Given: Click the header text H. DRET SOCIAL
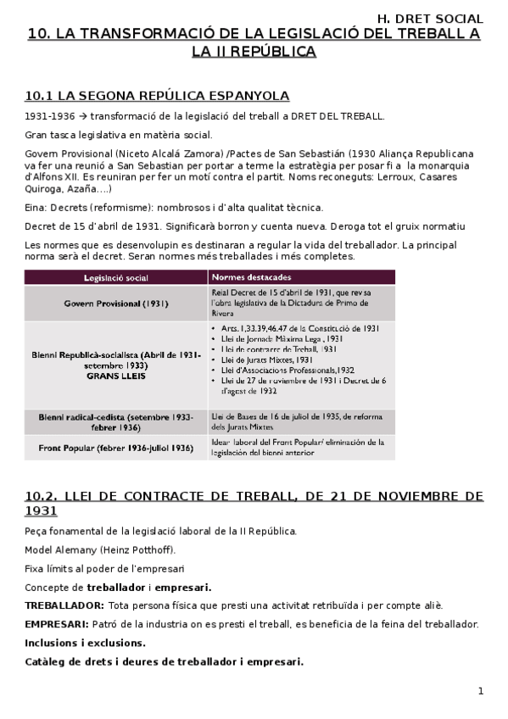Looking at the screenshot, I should [x=429, y=18].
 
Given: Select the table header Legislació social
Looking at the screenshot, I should [x=115, y=277].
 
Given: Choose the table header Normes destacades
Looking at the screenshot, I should [x=252, y=277].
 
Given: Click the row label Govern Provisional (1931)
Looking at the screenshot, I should [x=115, y=303].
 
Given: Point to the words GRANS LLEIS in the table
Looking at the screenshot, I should [x=115, y=376].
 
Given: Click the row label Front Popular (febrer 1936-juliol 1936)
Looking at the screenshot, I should [x=115, y=447].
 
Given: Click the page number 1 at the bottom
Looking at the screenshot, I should [x=480, y=691].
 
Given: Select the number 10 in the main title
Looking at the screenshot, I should [x=37, y=34].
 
